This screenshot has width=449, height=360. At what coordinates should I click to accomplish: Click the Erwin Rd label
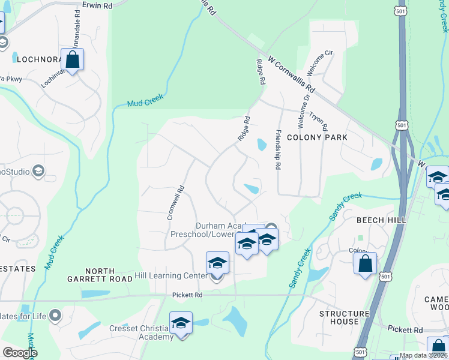[x=98, y=5]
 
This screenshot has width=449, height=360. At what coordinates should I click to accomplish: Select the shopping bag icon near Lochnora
[x=73, y=60]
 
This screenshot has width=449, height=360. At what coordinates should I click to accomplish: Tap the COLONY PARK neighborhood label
[x=317, y=137]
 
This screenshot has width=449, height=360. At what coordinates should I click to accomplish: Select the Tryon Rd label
[x=320, y=120]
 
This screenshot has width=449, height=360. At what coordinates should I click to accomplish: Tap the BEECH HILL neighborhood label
[x=382, y=220]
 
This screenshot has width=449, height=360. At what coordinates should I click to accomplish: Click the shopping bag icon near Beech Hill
[x=366, y=263]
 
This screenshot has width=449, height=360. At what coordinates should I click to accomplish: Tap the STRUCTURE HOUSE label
[x=344, y=317]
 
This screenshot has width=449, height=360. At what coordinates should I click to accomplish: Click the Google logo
[x=20, y=353]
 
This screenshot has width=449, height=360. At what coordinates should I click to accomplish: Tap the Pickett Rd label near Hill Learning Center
[x=187, y=295]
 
